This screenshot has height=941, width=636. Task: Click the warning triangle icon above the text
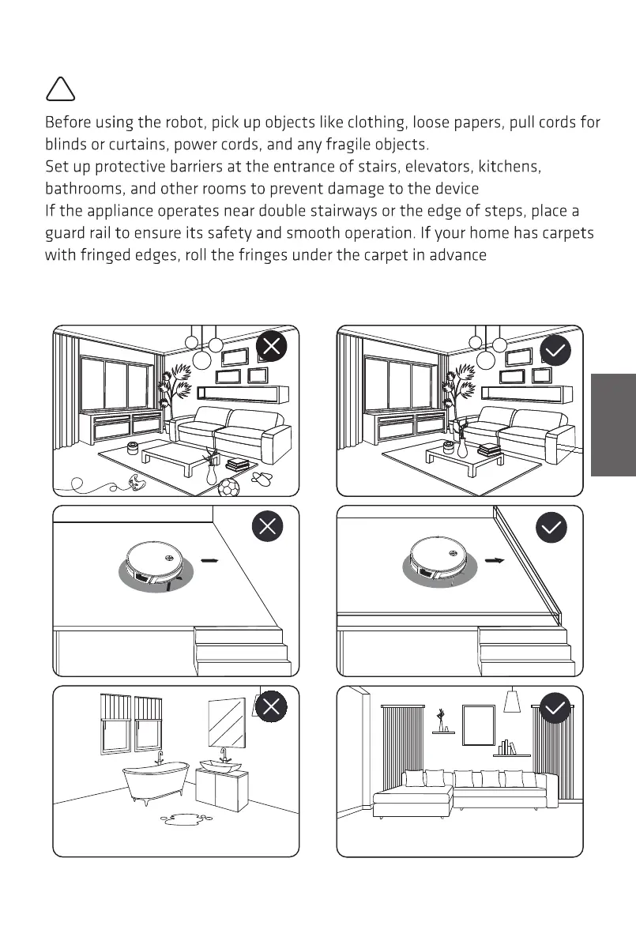(x=61, y=88)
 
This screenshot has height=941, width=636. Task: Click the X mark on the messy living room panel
(x=272, y=346)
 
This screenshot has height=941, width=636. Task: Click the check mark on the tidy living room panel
(x=555, y=349)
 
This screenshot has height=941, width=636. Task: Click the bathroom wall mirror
(x=225, y=722)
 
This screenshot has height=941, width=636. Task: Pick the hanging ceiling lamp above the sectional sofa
(x=513, y=700)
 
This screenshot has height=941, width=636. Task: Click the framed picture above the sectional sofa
(x=478, y=725)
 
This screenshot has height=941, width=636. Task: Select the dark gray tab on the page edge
(x=612, y=425)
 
